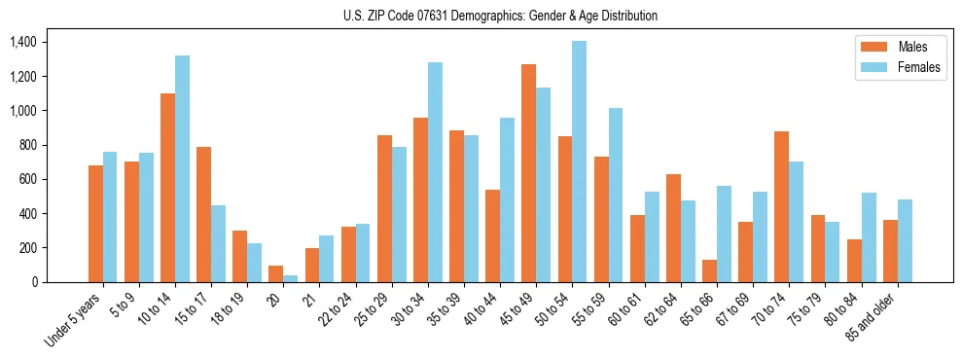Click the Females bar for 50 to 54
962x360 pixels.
point(579,162)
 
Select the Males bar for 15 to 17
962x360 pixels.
point(203,214)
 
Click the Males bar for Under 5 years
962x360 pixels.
point(95,224)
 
